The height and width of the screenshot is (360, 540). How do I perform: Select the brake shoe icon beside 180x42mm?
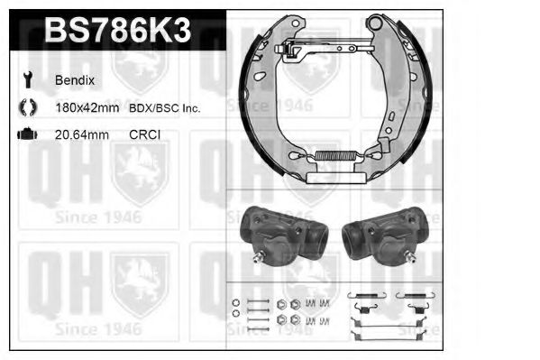coord(25,108)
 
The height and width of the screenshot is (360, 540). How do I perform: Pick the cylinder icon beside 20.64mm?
coord(26,134)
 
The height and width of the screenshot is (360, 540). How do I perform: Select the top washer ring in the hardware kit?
coord(235,301)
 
